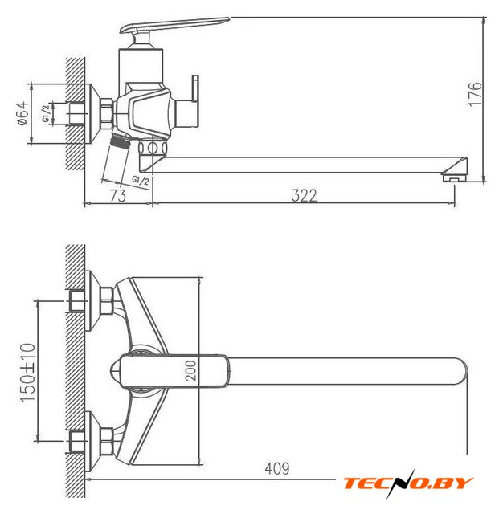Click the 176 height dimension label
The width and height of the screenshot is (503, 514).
coord(476,94)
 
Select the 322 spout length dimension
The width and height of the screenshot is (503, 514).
coord(305,196)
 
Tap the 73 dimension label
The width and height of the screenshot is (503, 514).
coord(118,196)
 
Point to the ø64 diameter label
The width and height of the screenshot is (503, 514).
coord(23,114)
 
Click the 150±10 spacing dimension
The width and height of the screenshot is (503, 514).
coord(28,372)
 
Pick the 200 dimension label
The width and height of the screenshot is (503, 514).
coord(191,370)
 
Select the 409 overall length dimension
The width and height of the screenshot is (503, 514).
coord(277,468)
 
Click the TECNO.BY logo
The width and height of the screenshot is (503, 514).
coord(408,483)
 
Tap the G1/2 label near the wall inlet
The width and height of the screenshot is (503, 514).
coord(47,113)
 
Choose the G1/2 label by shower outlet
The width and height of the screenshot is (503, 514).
coord(141,180)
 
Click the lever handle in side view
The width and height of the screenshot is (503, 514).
coord(174,25)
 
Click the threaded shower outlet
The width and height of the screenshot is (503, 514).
coord(120,142)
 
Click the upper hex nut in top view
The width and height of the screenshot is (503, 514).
coord(107,301)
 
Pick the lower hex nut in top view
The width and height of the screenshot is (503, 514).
coord(107,441)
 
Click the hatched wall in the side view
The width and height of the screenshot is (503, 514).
coord(75,113)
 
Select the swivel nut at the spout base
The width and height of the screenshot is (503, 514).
coord(153,148)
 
